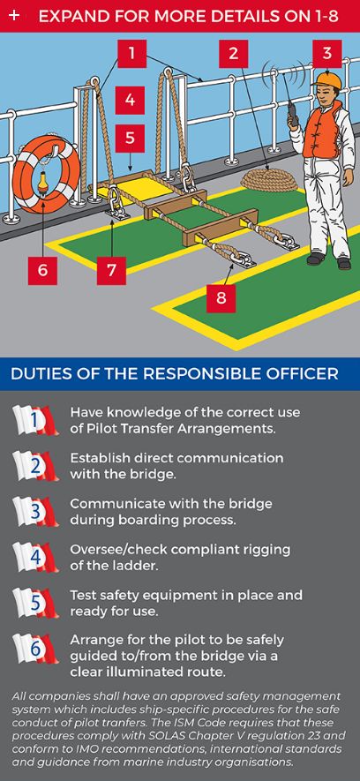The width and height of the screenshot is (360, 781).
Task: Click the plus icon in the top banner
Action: coord(14,15)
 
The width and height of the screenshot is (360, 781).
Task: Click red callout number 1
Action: coord(131,54)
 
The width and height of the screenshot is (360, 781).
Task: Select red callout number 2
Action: coord(233,54)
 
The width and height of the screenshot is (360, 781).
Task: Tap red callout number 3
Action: coord(327,54)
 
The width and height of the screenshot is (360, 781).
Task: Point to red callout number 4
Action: coord(130,100)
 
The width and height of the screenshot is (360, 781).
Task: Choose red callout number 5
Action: coord(130,139)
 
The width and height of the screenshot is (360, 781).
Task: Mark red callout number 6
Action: coord(41,268)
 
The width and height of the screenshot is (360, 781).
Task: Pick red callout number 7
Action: coord(110,268)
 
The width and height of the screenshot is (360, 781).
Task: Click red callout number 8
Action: coord(221,297)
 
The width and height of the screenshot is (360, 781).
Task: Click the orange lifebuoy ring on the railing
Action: coord(41,174)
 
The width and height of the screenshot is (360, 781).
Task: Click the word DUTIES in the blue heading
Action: coord(41,374)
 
